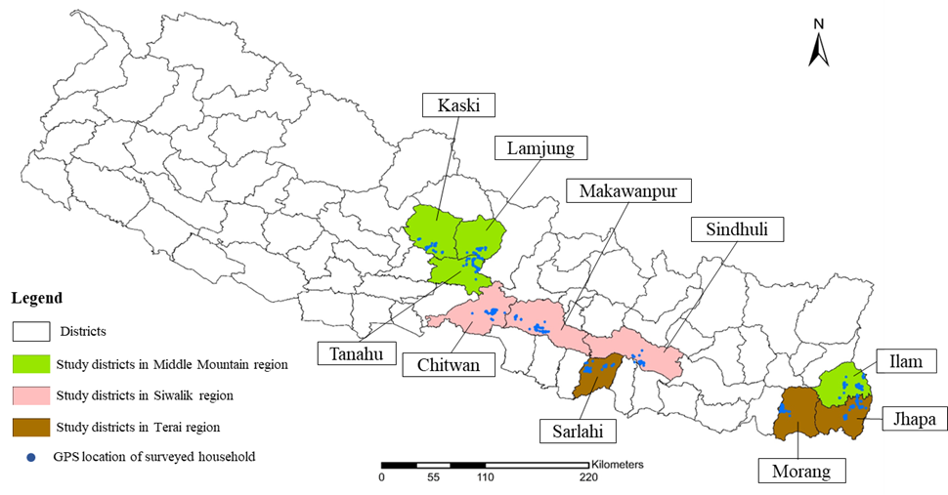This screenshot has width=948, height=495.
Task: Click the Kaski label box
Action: [x=459, y=105]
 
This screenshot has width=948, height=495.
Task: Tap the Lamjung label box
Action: [x=540, y=148]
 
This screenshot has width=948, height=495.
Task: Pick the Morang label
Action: [x=802, y=471]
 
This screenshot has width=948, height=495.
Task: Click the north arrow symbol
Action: [x=819, y=45]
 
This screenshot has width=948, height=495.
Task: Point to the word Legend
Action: [x=36, y=298]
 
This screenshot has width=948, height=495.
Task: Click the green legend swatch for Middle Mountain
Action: [x=30, y=364]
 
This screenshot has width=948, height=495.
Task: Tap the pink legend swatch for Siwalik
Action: [x=30, y=395]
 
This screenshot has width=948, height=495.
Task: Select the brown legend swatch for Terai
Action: [x=30, y=427]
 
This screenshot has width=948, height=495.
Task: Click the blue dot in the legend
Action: [x=31, y=457]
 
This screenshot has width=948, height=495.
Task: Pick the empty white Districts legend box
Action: [x=30, y=333]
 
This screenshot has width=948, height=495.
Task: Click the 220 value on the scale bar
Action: [x=588, y=477]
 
